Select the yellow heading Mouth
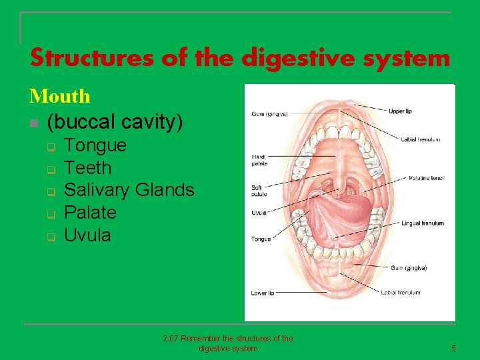point(60,96)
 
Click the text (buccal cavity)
point(115,122)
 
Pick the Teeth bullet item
point(87,167)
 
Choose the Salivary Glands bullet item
point(129,190)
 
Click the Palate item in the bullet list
point(90,213)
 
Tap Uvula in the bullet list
point(87,235)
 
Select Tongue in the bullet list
point(95,145)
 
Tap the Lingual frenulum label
point(422,223)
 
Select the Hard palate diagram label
point(259,160)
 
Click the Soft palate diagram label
point(259,191)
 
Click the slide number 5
point(453,348)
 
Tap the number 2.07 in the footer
point(171,339)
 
